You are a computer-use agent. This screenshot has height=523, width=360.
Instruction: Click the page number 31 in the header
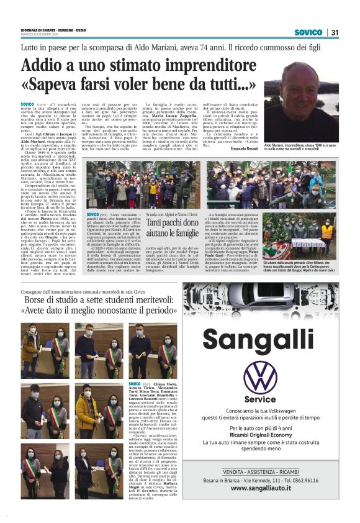click(335, 32)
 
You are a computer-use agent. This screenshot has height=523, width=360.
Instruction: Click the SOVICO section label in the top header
click(308, 32)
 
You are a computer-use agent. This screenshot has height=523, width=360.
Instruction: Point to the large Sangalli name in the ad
click(260, 340)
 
